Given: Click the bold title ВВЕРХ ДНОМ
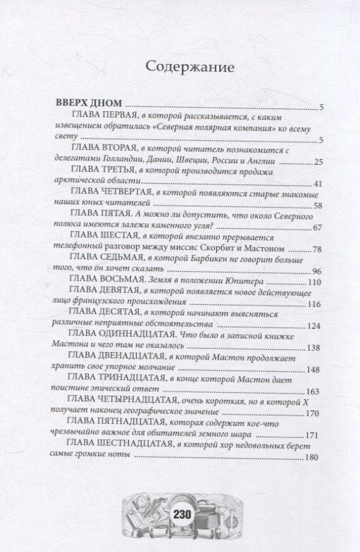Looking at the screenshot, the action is (x=89, y=100).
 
